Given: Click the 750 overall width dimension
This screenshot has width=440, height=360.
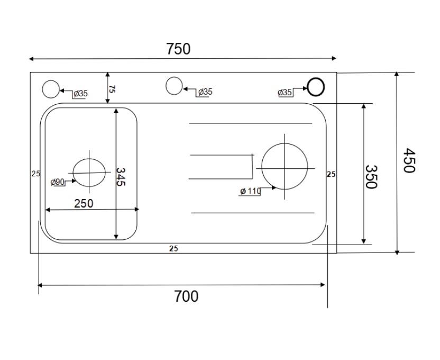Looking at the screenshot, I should coord(178,49).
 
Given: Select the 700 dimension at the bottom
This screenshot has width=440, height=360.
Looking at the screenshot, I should coord(186,296).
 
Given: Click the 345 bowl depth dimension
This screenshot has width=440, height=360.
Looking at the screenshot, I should coord(120,176).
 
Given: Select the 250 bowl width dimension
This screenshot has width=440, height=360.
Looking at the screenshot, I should coord(84,203).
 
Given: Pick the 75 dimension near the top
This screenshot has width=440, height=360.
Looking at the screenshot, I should coord(112,88).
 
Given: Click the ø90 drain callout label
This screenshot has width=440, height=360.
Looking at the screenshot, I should coord(58,182).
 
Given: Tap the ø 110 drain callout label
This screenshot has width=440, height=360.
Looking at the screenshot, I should coord(250,191).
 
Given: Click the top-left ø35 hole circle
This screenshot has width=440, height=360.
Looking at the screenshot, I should coord(51,89).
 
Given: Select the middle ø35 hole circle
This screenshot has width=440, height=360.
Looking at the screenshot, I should coord(174,86).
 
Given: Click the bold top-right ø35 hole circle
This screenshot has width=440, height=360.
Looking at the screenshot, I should coord(316,86).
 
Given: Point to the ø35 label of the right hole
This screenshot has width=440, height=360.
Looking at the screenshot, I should coord(285,93).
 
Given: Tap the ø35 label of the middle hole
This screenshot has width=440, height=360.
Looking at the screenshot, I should coord(205,92).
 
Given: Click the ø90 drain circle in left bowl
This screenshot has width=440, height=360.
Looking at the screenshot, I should coord(89,173).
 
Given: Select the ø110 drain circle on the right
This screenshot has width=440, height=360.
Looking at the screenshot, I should coord(285,166).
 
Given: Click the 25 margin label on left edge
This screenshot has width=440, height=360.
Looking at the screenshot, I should coord(35,173).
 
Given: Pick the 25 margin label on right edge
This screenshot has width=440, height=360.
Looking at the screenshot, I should coord(331,173).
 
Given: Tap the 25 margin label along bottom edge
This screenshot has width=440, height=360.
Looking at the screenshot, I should coord(173,249).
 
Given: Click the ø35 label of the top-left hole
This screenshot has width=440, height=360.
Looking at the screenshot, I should coord(80,94).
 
